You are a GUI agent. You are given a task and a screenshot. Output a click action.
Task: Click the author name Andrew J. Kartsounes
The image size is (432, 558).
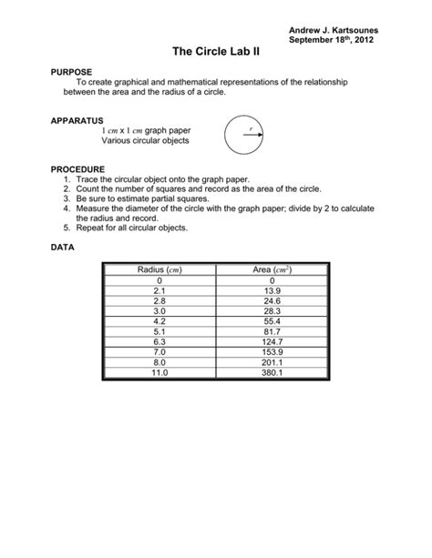coord(333,31)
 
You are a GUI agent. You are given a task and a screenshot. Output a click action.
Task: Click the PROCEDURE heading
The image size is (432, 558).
coord(78,169)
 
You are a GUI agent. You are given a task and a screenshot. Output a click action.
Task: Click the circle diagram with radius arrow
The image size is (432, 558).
coord(245,135)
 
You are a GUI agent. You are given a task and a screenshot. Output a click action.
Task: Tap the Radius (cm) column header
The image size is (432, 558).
coord(160,270)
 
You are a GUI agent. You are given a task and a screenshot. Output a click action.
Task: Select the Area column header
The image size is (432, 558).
coord(273,270)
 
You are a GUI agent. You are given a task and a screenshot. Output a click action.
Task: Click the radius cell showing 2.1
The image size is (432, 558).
coord(160,289)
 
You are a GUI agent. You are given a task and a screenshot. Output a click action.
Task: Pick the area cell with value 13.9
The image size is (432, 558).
coord(273,289)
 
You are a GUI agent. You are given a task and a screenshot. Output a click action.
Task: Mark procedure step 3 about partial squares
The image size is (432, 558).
coord(143,198)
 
